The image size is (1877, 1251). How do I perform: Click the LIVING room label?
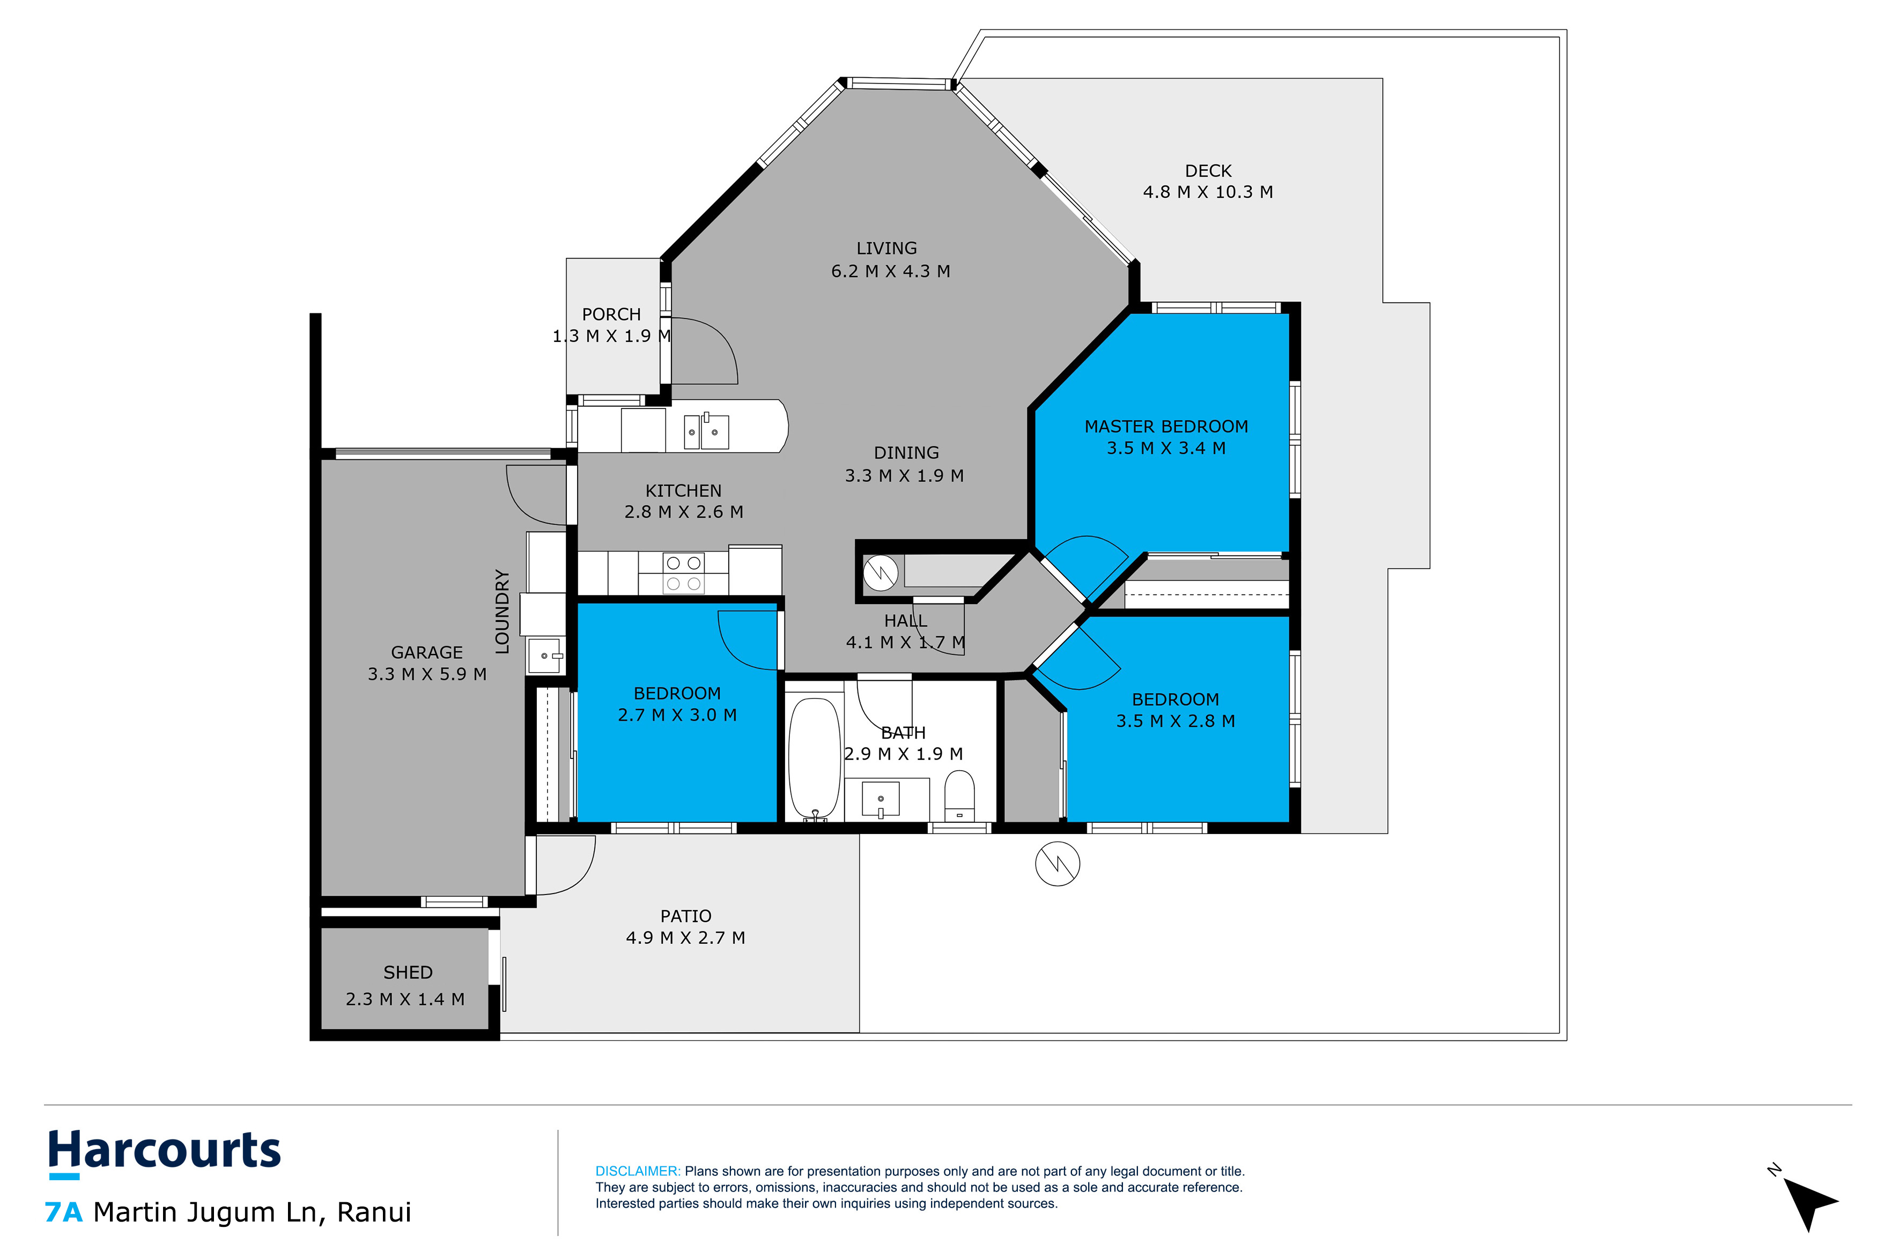pos(886,248)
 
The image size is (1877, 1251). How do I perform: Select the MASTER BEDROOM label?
pos(1165,427)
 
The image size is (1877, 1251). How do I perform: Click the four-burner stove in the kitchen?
pos(683,574)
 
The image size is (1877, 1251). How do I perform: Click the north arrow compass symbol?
pos(1809,1201)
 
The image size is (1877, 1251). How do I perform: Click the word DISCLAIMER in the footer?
pos(637,1171)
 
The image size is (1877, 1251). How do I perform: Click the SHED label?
pos(408,973)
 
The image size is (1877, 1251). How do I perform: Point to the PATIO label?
pos(685,916)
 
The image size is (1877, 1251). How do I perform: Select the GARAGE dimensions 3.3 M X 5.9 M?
pos(427,674)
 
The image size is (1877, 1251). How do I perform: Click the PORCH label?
pos(611,314)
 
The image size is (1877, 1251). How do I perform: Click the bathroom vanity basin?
pos(880,799)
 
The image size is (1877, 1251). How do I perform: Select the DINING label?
pos(906,453)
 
